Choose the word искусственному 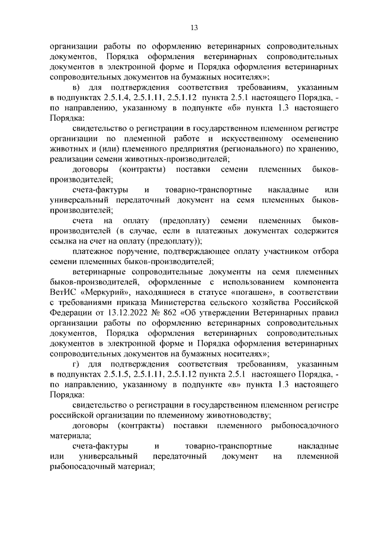230,138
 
